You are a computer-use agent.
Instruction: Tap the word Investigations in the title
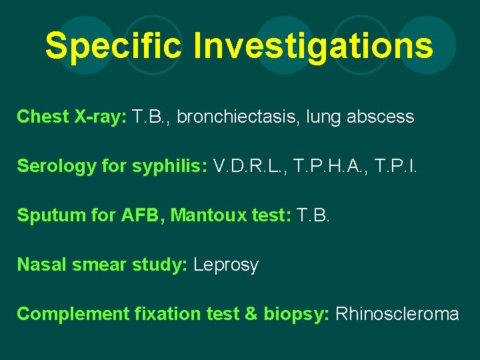tap(313, 46)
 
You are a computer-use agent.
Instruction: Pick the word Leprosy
tap(226, 265)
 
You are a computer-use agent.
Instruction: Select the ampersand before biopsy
tap(251, 313)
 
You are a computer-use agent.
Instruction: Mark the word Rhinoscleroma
tap(397, 313)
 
